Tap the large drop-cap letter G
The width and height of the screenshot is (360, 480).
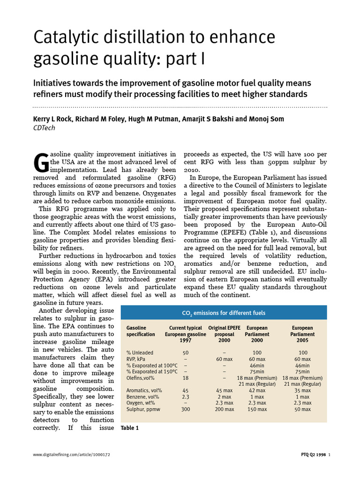click(41, 162)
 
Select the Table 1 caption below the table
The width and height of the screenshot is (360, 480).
click(130, 428)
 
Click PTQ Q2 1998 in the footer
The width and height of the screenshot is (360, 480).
click(314, 455)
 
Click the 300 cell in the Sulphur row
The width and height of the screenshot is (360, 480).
click(185, 409)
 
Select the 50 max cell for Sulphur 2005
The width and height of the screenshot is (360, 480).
click(303, 409)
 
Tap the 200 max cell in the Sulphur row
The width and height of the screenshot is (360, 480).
click(225, 409)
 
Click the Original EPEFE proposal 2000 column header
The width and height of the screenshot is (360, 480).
click(224, 334)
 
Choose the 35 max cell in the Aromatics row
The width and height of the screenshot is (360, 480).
click(303, 390)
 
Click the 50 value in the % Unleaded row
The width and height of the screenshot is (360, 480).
click(185, 352)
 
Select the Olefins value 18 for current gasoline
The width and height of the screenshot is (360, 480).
click(185, 378)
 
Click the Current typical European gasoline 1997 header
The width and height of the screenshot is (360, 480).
click(185, 334)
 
